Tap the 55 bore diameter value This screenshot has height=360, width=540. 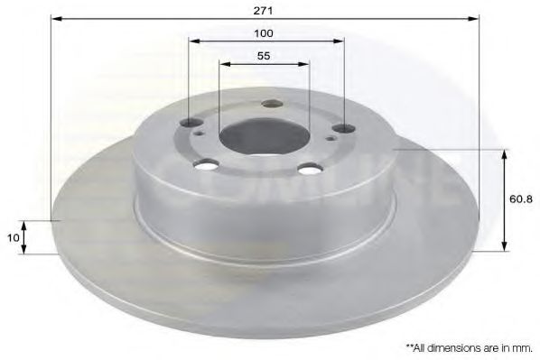click(264, 56)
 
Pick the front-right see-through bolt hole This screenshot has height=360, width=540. click(312, 168)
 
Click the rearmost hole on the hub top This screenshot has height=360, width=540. click(267, 103)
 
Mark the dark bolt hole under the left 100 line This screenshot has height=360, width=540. click(191, 124)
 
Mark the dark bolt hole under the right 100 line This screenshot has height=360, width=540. click(343, 128)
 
